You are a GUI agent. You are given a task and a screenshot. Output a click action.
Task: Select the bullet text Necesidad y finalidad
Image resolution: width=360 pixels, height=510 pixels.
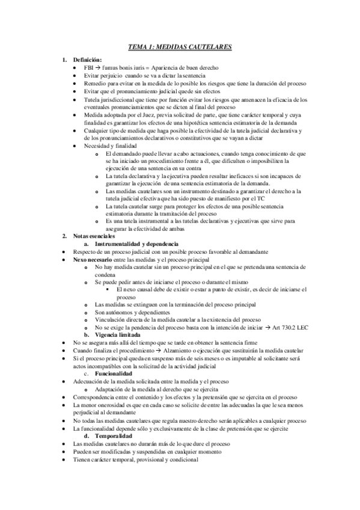pos(110,146)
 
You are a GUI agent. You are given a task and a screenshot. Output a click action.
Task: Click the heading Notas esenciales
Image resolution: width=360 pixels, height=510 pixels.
pos(94,236)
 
